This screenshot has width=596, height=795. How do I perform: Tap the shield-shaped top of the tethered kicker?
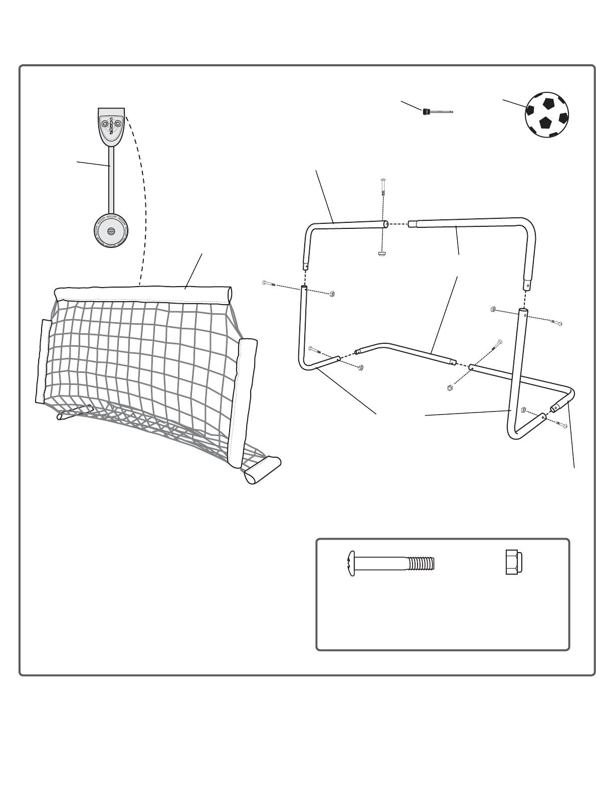click(111, 124)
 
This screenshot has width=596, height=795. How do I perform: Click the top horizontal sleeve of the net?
click(143, 293)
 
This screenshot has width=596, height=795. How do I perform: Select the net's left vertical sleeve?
click(44, 361)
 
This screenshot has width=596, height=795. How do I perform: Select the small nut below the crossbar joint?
click(381, 253)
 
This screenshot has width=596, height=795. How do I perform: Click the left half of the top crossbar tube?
click(346, 226)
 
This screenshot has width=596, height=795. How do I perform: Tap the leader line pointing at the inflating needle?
click(411, 105)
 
